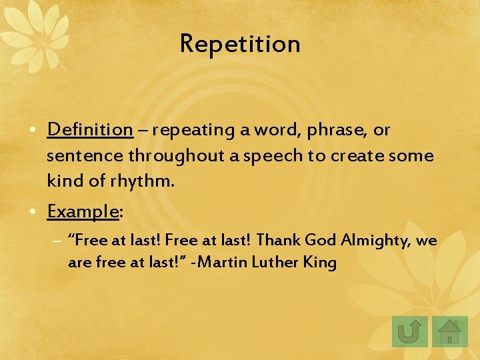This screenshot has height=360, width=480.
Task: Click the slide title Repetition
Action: click(x=240, y=44)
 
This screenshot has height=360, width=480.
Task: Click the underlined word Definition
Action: click(x=90, y=129)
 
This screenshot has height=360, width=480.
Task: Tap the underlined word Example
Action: click(x=83, y=211)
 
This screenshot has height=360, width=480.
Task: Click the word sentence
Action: click(x=85, y=156)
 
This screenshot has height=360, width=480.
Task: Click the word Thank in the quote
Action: click(x=279, y=241)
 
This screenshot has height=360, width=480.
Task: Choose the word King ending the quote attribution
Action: click(x=320, y=263)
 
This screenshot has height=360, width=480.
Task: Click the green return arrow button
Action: click(x=409, y=331)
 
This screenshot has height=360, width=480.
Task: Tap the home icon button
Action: click(x=450, y=331)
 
